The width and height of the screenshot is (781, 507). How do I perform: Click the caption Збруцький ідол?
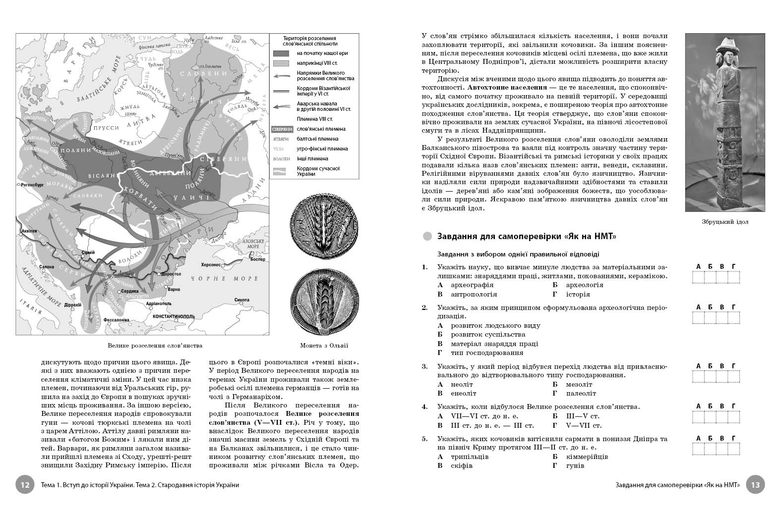pos(725,222)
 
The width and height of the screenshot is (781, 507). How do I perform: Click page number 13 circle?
pos(756,485)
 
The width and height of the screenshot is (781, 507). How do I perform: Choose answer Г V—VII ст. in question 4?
pos(577,425)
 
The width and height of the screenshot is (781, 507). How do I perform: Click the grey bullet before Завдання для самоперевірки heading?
pos(427,237)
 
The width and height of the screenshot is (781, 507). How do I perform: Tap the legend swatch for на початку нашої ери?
pos(281,53)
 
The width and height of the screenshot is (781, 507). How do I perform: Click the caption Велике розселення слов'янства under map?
pos(155,346)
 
